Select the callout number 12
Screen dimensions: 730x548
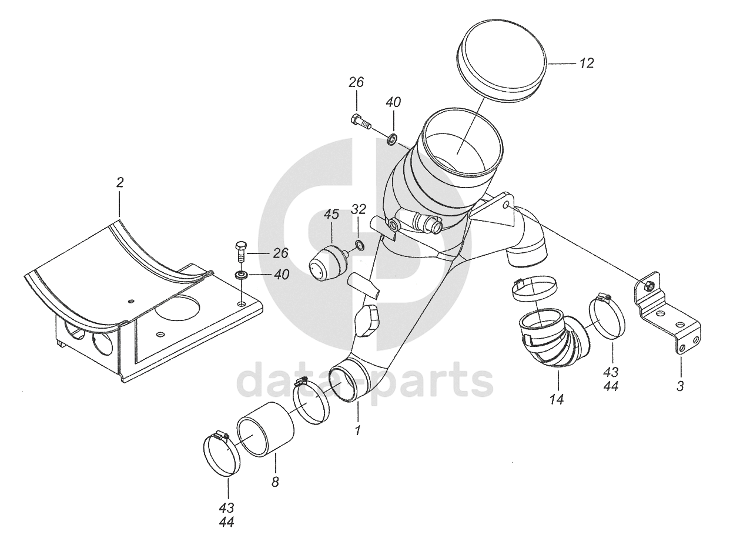coord(585,63)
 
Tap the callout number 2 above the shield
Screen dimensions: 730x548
coord(120,183)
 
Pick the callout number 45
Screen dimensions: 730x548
coord(331,214)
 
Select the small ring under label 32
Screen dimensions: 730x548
coord(359,245)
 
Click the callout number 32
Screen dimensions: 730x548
coord(359,209)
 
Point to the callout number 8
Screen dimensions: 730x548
coord(275,482)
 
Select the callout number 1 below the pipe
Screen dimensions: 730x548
coord(357,430)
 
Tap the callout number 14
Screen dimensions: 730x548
coord(557,400)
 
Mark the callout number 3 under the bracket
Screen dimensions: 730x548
coord(680,386)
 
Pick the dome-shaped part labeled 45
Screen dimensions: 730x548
coord(328,264)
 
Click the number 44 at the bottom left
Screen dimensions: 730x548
coord(227,522)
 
